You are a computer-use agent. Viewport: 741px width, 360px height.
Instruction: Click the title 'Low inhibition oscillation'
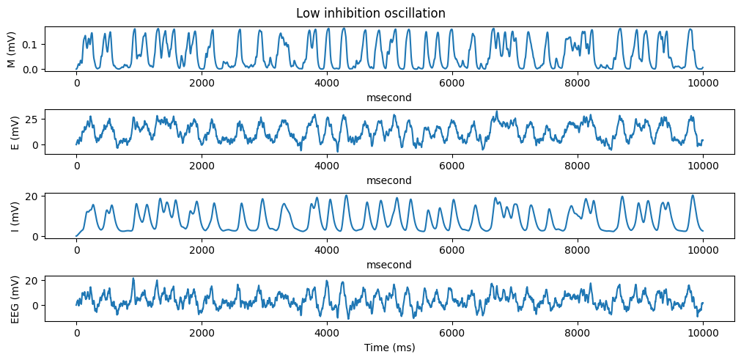(371, 13)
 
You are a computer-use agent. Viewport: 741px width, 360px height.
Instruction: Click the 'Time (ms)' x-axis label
(390, 348)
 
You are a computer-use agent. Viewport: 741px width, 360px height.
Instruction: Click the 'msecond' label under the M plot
(390, 98)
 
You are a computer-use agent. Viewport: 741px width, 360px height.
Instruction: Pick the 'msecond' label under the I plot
(390, 265)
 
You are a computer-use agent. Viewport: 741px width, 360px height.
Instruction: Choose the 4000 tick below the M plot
(327, 84)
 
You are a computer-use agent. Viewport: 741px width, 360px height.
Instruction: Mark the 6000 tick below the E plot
(452, 167)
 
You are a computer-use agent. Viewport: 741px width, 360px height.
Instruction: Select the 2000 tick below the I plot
(202, 251)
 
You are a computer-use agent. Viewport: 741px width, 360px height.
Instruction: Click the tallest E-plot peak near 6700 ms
(497, 111)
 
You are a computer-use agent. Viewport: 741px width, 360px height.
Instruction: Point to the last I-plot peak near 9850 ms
(693, 195)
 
